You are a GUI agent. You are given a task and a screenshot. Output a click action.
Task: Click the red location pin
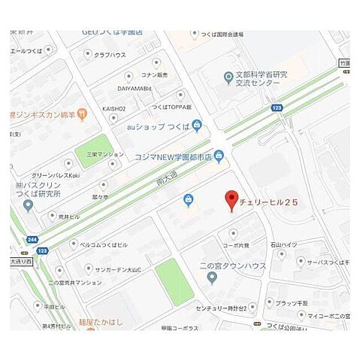coord(231,200)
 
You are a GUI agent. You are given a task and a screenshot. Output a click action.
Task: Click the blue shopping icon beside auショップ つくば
coord(197,126)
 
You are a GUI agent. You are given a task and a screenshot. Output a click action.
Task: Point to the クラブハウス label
coord(108,55)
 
